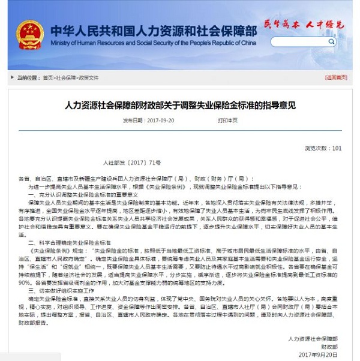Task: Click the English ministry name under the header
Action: pyautogui.click(x=153, y=43)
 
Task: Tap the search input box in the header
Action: pyautogui.click(x=300, y=43)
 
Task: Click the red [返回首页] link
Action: pyautogui.click(x=336, y=78)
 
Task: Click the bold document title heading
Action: pyautogui.click(x=180, y=105)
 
